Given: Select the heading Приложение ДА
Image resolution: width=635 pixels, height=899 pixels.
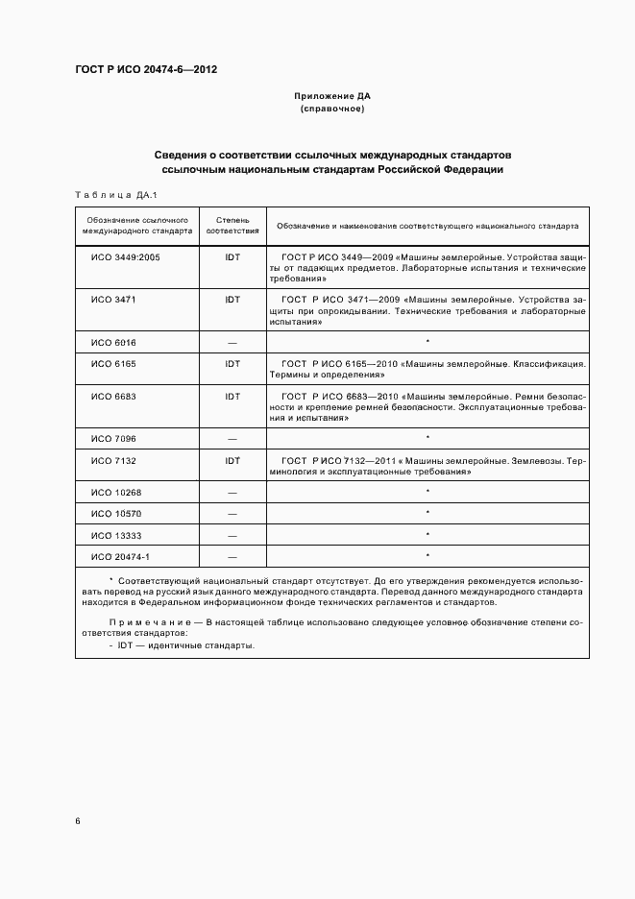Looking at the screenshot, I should [331, 97].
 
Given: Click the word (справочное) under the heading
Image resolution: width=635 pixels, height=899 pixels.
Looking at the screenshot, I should [331, 109].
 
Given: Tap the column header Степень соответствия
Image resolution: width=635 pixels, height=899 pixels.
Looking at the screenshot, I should [232, 227].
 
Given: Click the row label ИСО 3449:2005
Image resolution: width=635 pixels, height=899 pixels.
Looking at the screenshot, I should [125, 258].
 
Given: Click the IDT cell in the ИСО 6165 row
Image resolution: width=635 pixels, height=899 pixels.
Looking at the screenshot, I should [232, 364].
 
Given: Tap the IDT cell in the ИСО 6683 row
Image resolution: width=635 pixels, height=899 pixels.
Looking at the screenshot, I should [232, 396].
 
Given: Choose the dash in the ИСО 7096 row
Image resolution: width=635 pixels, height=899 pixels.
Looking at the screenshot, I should [232, 438].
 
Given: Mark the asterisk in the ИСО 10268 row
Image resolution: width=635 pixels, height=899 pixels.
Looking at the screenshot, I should [427, 492].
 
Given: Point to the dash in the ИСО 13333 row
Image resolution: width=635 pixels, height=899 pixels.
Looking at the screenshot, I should [232, 534].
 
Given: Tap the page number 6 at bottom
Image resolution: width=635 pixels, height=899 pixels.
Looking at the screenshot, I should [78, 821].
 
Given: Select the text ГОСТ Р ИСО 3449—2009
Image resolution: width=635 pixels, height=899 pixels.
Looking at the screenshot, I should [334, 258].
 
